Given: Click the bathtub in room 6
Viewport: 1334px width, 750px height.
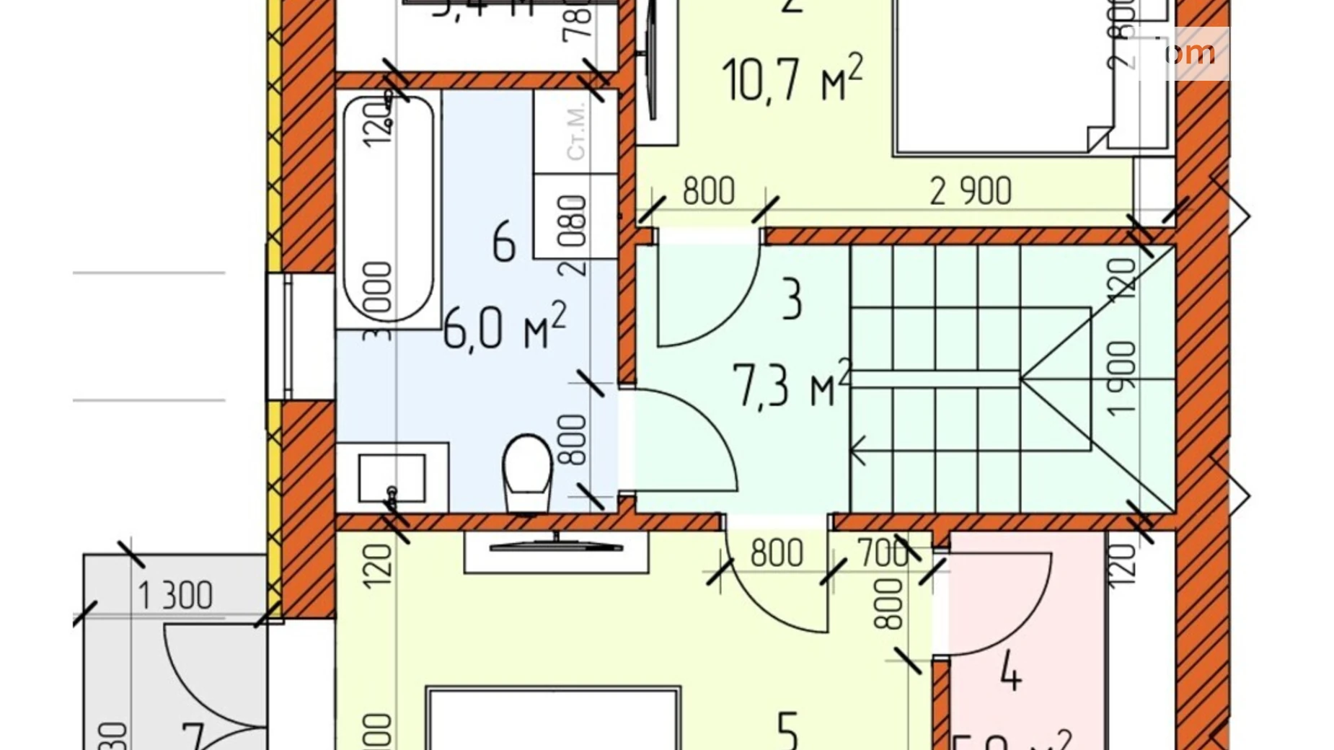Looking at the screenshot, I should coord(388,209).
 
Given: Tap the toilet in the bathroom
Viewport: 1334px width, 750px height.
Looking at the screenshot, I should coord(529,472).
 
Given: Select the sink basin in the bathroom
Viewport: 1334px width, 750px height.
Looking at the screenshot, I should coord(392,478).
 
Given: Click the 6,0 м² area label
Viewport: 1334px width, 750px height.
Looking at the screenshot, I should coord(503,328).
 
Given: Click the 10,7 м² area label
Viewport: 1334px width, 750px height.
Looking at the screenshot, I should coord(791,79).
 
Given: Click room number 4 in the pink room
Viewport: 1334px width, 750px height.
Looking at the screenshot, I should coord(1011,674).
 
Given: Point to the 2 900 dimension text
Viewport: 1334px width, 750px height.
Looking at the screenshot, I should coord(970,192).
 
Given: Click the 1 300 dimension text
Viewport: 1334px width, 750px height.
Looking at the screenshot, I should coord(175,596).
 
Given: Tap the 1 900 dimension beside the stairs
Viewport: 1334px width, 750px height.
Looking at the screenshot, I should coord(1122,379).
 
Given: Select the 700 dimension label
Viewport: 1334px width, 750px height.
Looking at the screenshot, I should coord(883,554).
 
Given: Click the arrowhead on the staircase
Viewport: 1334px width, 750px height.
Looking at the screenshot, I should coord(858,452).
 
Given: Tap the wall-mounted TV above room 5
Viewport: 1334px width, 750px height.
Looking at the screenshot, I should coord(555,547).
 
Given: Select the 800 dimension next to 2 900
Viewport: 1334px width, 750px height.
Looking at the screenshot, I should coord(708,192).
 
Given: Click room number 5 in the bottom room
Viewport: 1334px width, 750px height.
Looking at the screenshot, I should coord(787,730).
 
